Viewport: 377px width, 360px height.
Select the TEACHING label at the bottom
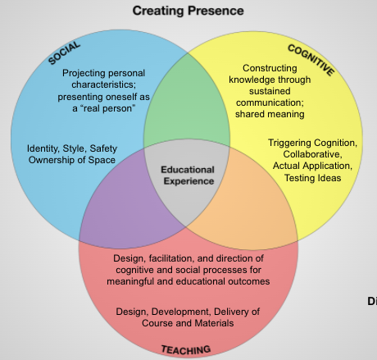(x=186, y=349)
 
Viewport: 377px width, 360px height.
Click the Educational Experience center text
(x=188, y=175)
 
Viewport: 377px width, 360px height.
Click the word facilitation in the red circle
(x=171, y=259)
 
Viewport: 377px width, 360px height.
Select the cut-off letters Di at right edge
(x=371, y=299)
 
